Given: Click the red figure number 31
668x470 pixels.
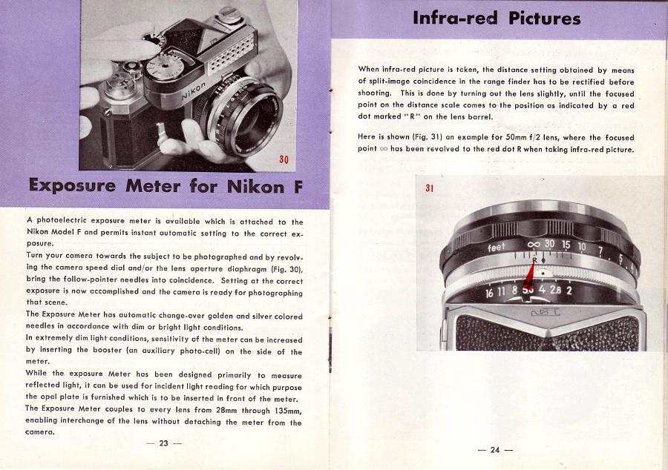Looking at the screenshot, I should (429, 188).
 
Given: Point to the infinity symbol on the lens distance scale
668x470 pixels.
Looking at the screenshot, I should (533, 244).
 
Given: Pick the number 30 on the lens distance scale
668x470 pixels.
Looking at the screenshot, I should (549, 243).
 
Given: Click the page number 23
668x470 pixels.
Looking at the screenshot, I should (163, 443).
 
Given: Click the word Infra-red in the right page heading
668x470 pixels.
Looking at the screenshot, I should (455, 17).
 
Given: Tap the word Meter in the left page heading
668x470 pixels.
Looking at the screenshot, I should (159, 185).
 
